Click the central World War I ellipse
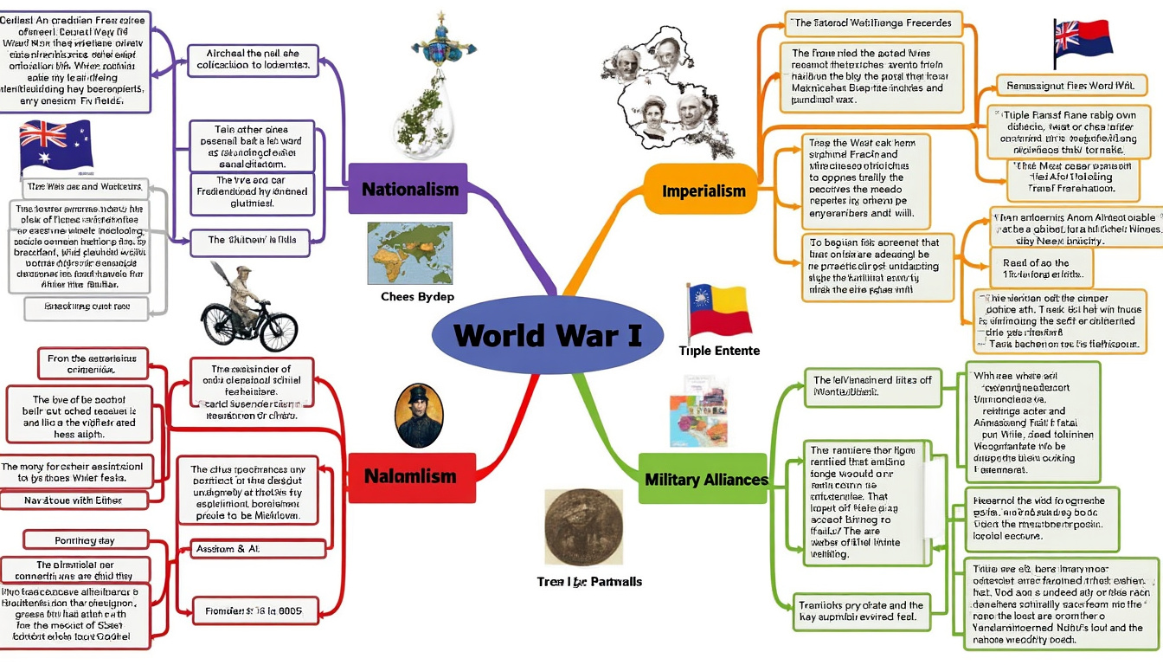tap(547, 335)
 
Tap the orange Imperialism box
tap(703, 190)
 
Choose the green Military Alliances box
tap(706, 479)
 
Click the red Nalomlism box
tap(410, 476)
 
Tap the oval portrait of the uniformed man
tap(419, 416)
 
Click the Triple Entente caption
tap(719, 351)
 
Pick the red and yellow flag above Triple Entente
tap(719, 310)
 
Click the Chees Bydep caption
tap(417, 297)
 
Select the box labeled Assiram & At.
tap(251, 548)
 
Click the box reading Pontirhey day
tap(86, 540)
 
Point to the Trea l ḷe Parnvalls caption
tap(589, 582)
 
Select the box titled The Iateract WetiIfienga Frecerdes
tap(872, 23)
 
